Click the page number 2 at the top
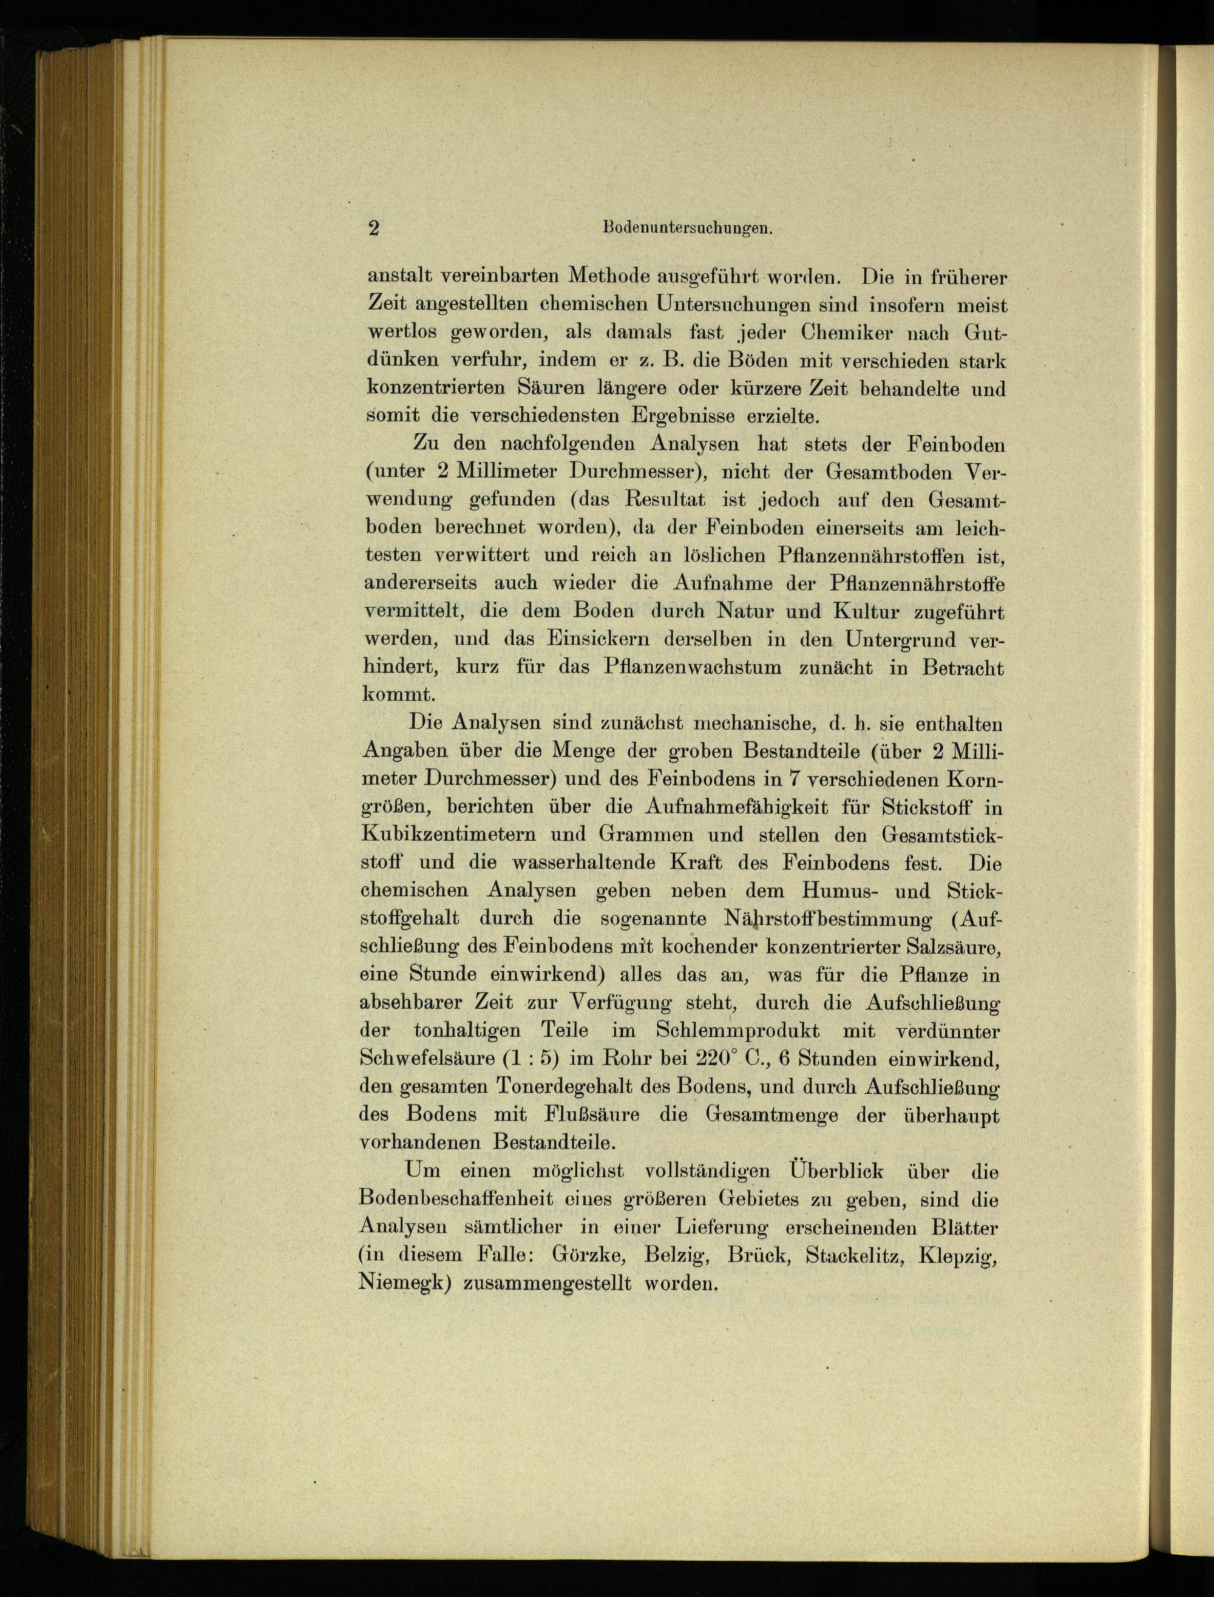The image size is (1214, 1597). coord(373,228)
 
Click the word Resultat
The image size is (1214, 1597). coord(665,500)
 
